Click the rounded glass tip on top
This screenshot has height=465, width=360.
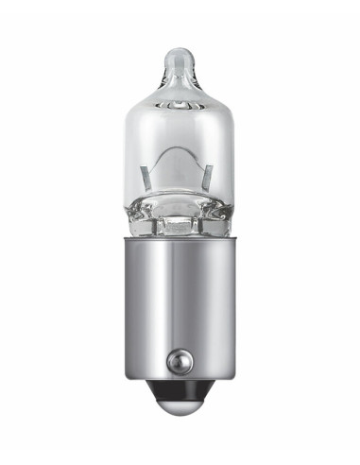point(180,59)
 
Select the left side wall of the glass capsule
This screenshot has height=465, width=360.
point(129,161)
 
